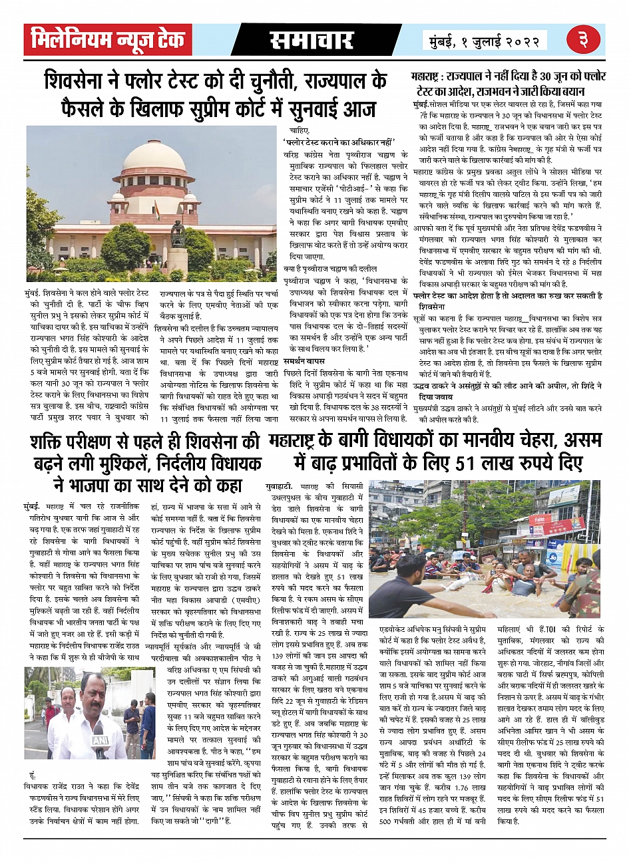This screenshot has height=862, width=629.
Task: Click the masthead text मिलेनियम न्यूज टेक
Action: tap(108, 41)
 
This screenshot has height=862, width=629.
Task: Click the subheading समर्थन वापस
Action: tap(305, 360)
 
